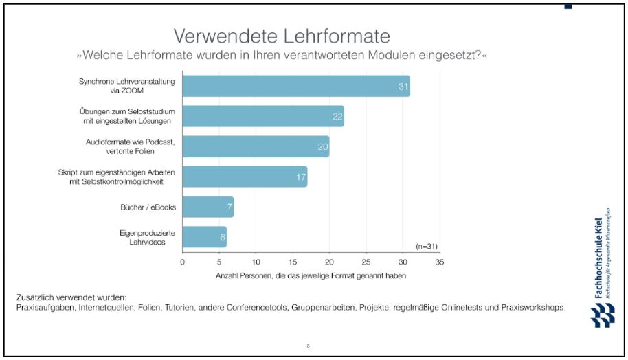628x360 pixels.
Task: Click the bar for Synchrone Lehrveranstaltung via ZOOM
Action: [295, 86]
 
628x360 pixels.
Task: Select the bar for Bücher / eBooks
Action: [208, 207]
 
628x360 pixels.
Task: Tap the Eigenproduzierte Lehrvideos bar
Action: [204, 237]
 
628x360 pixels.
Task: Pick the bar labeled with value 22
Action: [262, 116]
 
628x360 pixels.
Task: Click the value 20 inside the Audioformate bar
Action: [322, 147]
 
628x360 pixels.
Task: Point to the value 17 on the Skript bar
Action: [300, 177]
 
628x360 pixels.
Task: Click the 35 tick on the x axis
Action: [439, 262]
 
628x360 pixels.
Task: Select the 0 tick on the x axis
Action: [182, 262]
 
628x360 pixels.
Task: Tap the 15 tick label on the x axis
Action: [293, 262]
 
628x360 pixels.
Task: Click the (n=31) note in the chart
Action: [427, 246]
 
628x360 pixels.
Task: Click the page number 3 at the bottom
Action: [307, 345]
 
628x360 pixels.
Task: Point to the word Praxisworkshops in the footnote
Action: [532, 308]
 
